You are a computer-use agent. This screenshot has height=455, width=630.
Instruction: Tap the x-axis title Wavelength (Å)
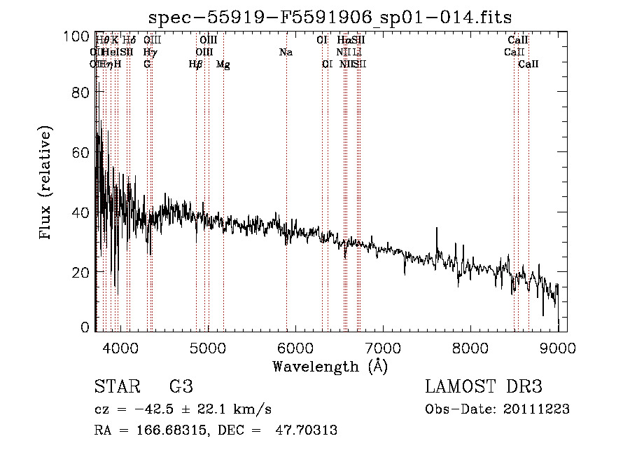point(330,366)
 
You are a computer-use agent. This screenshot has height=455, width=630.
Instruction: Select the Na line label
point(286,53)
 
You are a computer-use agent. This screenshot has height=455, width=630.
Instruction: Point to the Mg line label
point(223,64)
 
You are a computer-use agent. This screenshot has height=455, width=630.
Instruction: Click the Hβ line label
point(196,64)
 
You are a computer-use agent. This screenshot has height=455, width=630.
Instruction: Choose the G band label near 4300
point(147,64)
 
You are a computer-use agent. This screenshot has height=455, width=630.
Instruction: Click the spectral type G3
point(181,387)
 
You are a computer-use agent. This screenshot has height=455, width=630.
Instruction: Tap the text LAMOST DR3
point(484,387)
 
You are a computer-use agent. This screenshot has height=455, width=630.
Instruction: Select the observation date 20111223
point(539,409)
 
